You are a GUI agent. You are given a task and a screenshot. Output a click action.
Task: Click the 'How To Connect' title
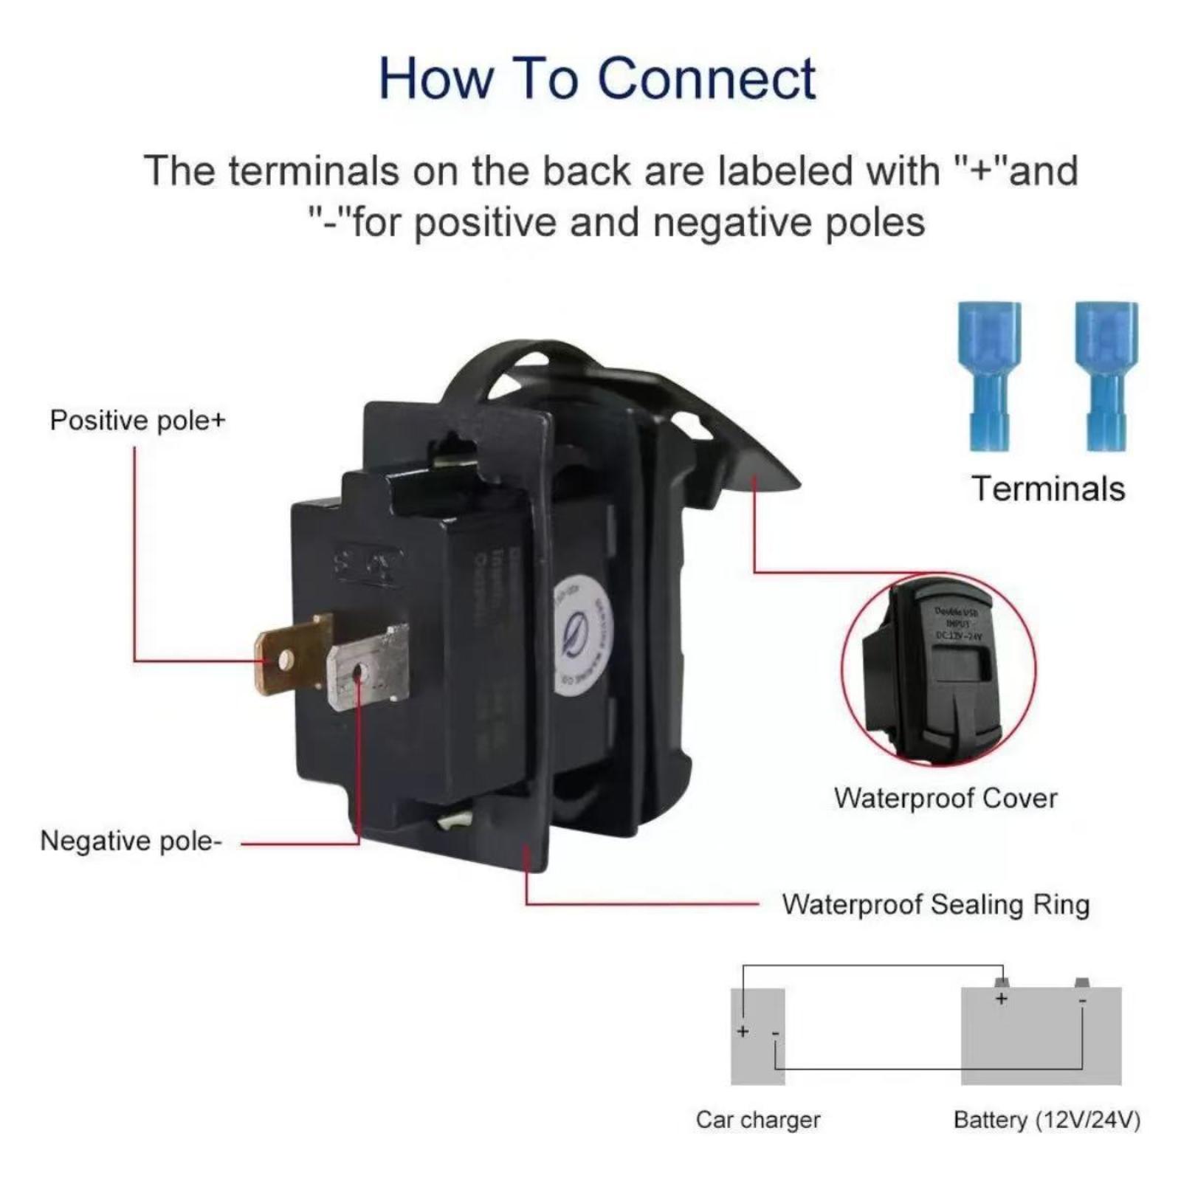[x=596, y=78]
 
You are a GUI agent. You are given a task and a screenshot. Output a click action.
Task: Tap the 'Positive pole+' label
[x=137, y=421]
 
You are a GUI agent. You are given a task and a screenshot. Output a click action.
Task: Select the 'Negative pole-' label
[x=131, y=841]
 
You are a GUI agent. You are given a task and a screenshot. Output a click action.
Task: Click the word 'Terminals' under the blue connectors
[x=1047, y=489]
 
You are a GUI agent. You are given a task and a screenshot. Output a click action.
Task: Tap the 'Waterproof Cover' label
[x=946, y=798]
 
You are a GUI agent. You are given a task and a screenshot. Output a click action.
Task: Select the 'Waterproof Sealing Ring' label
[x=935, y=904]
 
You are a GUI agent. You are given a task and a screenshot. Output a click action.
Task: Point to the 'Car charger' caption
[x=757, y=1120]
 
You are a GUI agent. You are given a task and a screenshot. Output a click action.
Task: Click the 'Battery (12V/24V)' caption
[x=1047, y=1120]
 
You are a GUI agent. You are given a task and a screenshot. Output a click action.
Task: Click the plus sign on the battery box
[x=1001, y=999]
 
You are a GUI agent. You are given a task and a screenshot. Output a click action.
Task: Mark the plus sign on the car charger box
[x=743, y=1031]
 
